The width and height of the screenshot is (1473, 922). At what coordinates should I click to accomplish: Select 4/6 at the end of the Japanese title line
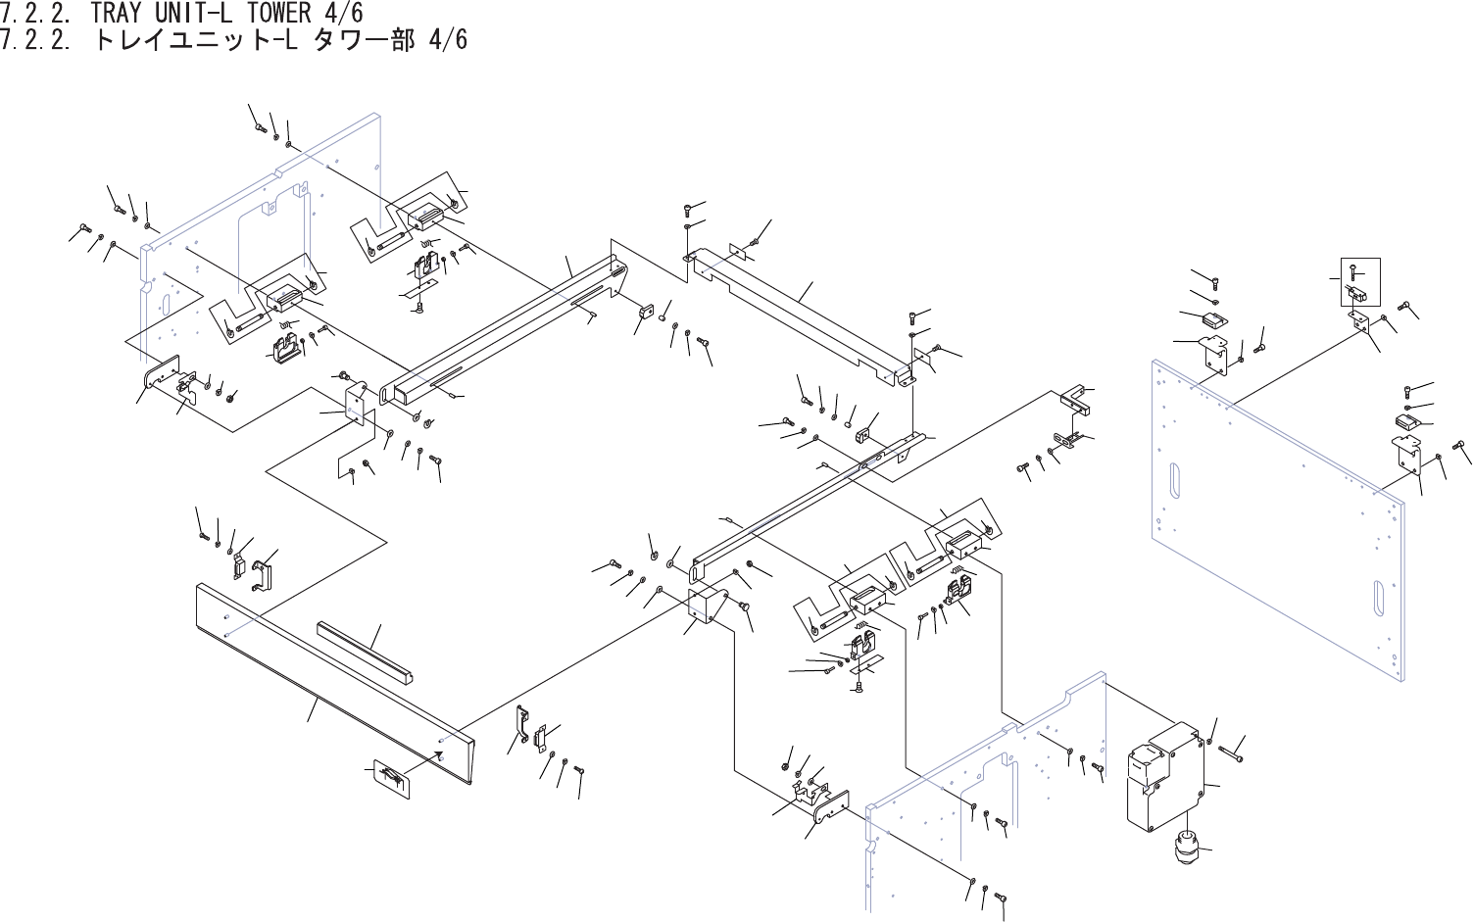pyautogui.click(x=447, y=41)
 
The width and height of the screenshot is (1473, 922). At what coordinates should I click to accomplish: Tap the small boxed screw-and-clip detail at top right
pyautogui.click(x=1359, y=281)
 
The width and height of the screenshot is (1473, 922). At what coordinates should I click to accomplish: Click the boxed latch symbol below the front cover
pyautogui.click(x=390, y=776)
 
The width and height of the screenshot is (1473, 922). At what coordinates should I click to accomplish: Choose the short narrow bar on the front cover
pyautogui.click(x=364, y=651)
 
